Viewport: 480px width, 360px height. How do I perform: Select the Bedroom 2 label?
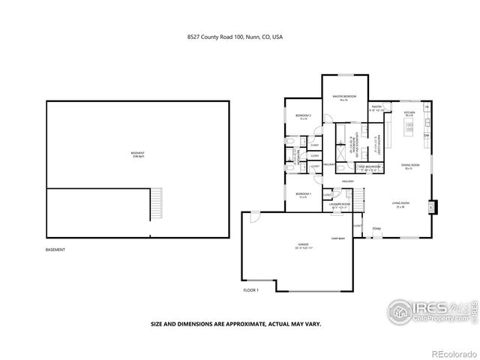pos(303,117)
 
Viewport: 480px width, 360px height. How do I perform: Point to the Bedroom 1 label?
pos(303,196)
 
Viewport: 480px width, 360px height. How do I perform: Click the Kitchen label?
pos(409,113)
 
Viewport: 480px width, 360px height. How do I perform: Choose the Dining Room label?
pos(409,166)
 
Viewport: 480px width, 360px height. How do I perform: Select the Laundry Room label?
pos(340,205)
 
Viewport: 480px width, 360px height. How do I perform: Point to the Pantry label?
pos(377,107)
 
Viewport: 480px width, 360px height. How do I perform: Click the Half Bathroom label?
pos(369,167)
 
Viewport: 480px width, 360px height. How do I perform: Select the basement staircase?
pos(156,202)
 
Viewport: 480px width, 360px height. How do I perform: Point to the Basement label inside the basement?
pos(138,155)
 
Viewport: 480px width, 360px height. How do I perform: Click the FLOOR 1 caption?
pos(250,290)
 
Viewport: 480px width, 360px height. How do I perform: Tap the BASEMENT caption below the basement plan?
pos(55,249)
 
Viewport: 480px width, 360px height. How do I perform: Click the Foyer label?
pos(376,227)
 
